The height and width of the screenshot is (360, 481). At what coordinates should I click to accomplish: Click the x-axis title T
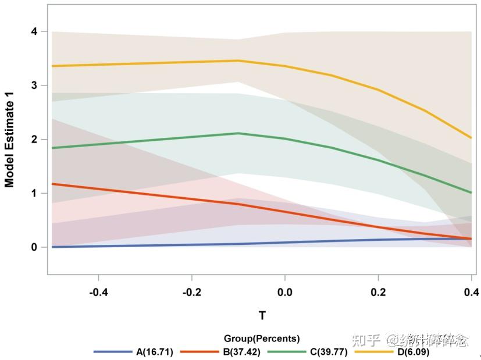coord(262,316)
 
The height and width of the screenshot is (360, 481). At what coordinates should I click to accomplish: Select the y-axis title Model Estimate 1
coord(10,143)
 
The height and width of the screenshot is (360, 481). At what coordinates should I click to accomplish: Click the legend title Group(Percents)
coord(262,338)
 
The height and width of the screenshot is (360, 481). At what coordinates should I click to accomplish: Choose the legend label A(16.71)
coord(155,352)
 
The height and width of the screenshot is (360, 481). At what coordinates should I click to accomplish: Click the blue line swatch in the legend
coord(113,352)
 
